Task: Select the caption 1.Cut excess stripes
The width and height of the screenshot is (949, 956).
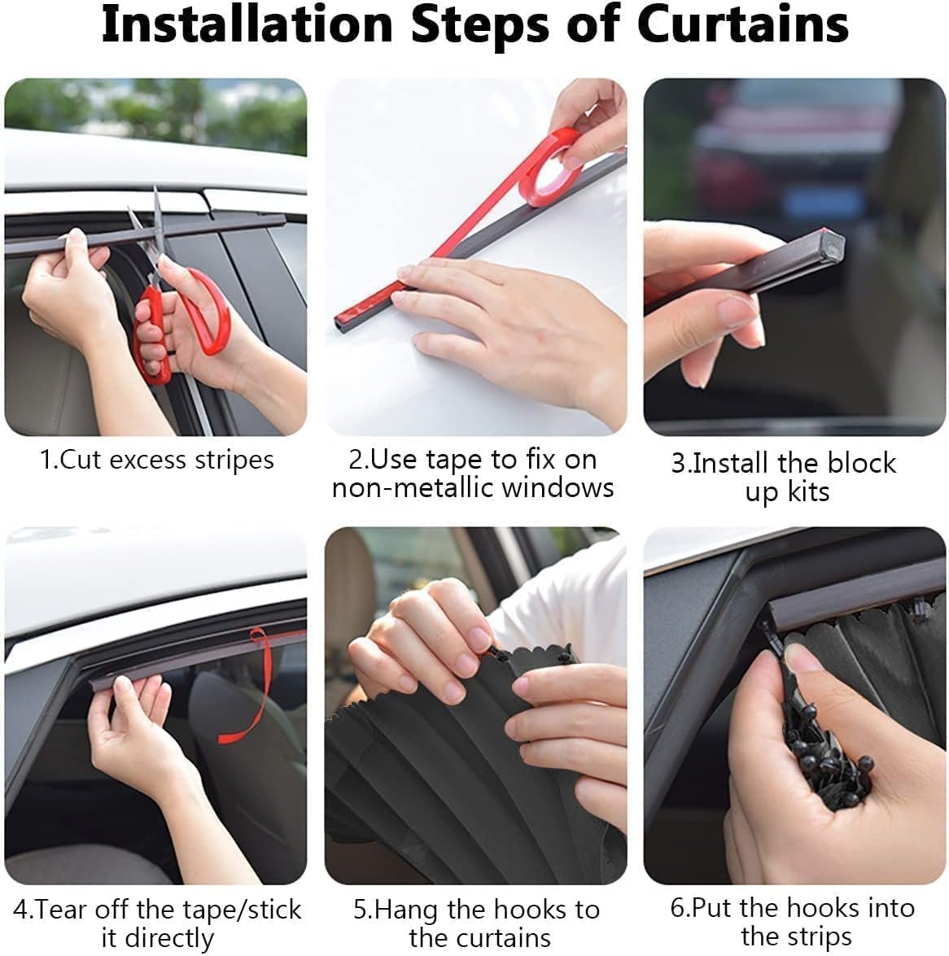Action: (157, 460)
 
